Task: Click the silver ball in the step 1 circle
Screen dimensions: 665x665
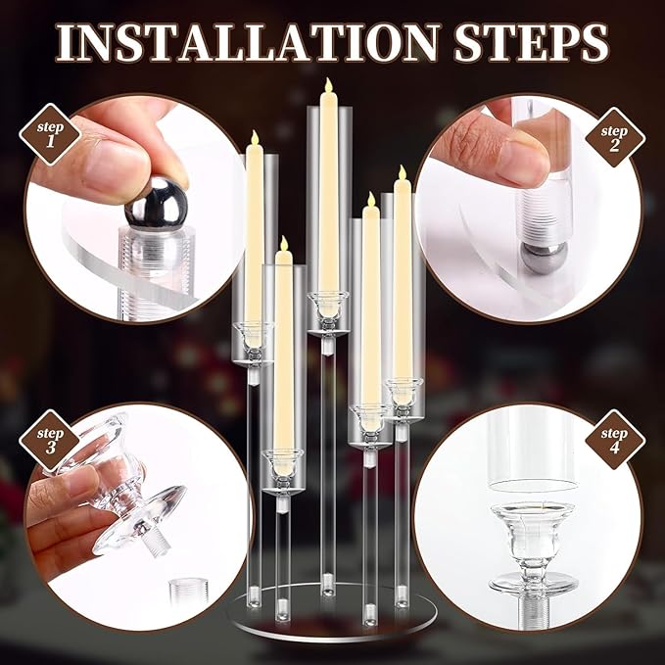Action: click(x=154, y=204)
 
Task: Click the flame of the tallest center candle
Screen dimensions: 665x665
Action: click(x=327, y=90)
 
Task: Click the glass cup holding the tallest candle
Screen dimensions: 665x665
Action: click(x=327, y=306)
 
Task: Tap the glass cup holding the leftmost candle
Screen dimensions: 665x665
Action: click(x=254, y=338)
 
